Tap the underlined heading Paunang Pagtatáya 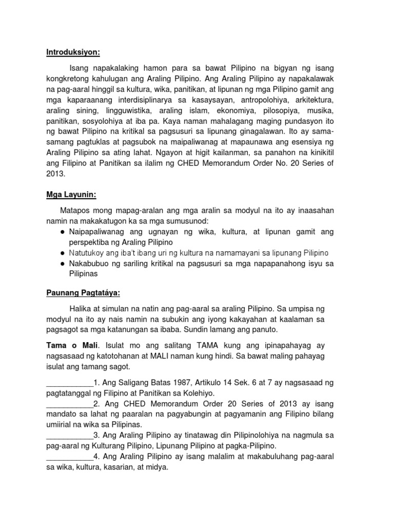83,293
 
